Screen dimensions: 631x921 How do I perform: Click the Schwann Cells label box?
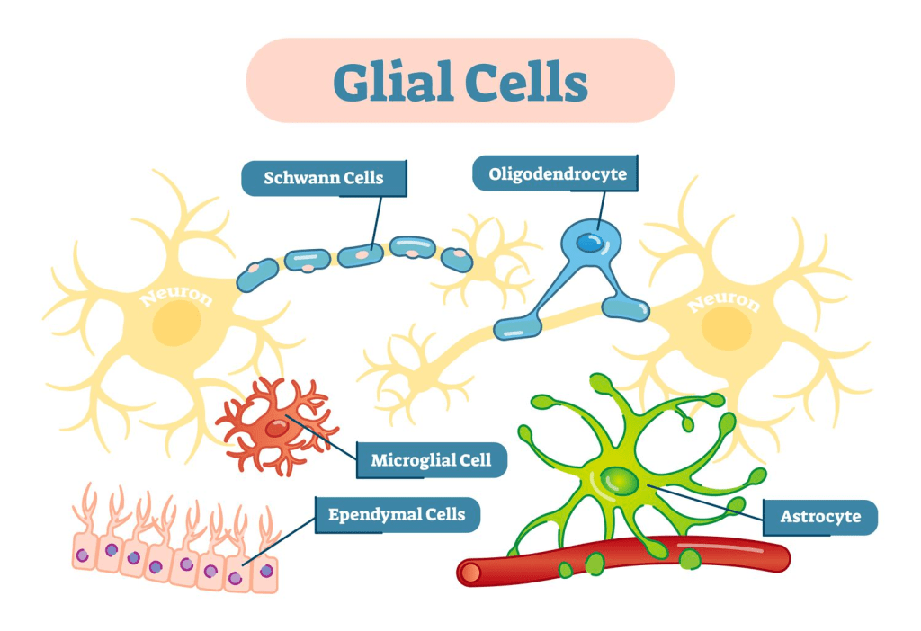point(323,178)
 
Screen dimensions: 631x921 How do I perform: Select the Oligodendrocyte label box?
point(557,173)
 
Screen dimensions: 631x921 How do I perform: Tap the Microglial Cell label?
point(431,460)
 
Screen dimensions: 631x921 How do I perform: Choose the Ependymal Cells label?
point(397,514)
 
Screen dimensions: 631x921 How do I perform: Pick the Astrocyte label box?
point(819,517)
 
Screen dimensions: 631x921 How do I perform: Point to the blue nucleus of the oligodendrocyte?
point(590,242)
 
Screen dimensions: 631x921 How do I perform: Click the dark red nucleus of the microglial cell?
point(276,430)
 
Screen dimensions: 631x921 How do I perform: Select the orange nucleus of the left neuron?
point(175,325)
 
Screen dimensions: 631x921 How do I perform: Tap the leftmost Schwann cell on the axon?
point(257,273)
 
